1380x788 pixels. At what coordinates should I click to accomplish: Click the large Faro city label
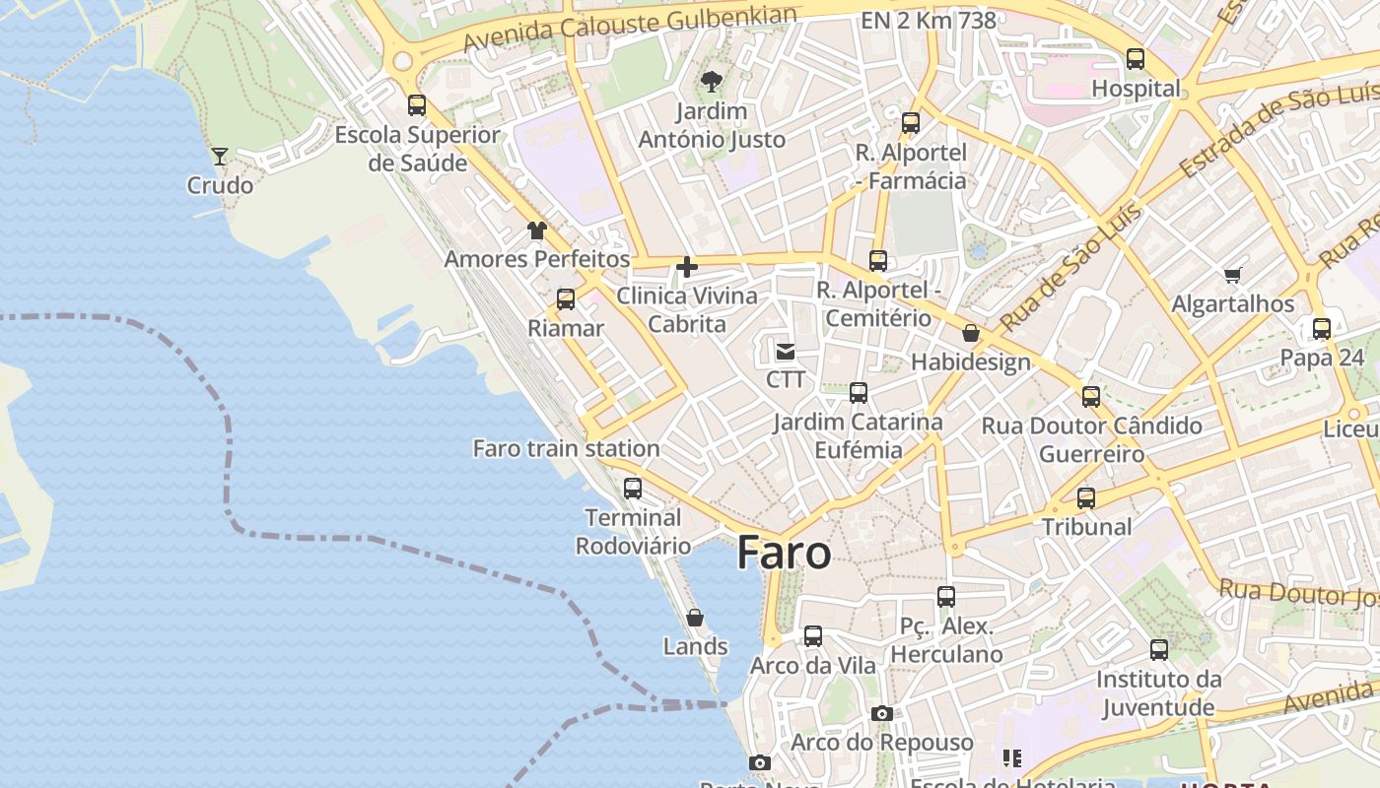pos(784,553)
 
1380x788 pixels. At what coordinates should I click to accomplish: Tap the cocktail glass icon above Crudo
pos(219,157)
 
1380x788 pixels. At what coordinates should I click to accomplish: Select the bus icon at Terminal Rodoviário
pos(633,488)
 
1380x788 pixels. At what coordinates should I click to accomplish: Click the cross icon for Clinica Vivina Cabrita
pos(687,266)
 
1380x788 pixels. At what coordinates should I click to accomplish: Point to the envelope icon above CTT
pos(786,351)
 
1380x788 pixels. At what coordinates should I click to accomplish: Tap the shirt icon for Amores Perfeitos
pos(536,230)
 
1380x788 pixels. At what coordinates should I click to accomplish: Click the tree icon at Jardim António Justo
pos(711,82)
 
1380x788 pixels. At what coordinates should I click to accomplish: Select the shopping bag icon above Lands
pos(695,618)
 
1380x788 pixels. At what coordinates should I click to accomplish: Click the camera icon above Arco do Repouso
pos(882,713)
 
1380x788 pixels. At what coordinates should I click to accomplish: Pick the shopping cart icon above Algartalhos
pos(1232,275)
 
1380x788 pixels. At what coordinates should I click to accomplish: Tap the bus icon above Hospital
pos(1136,59)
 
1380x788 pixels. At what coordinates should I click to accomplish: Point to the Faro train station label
pos(566,448)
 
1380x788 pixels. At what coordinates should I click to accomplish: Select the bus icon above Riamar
pos(566,299)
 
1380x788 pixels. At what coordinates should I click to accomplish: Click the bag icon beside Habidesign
pos(971,333)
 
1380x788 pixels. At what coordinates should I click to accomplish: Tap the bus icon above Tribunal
pos(1086,498)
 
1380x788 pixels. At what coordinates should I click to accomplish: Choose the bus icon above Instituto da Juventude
pos(1159,650)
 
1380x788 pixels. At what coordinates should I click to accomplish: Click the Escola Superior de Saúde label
pos(418,149)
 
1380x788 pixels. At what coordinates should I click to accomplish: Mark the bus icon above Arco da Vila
pos(813,636)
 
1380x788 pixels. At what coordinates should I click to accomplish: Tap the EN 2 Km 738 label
pos(928,20)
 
